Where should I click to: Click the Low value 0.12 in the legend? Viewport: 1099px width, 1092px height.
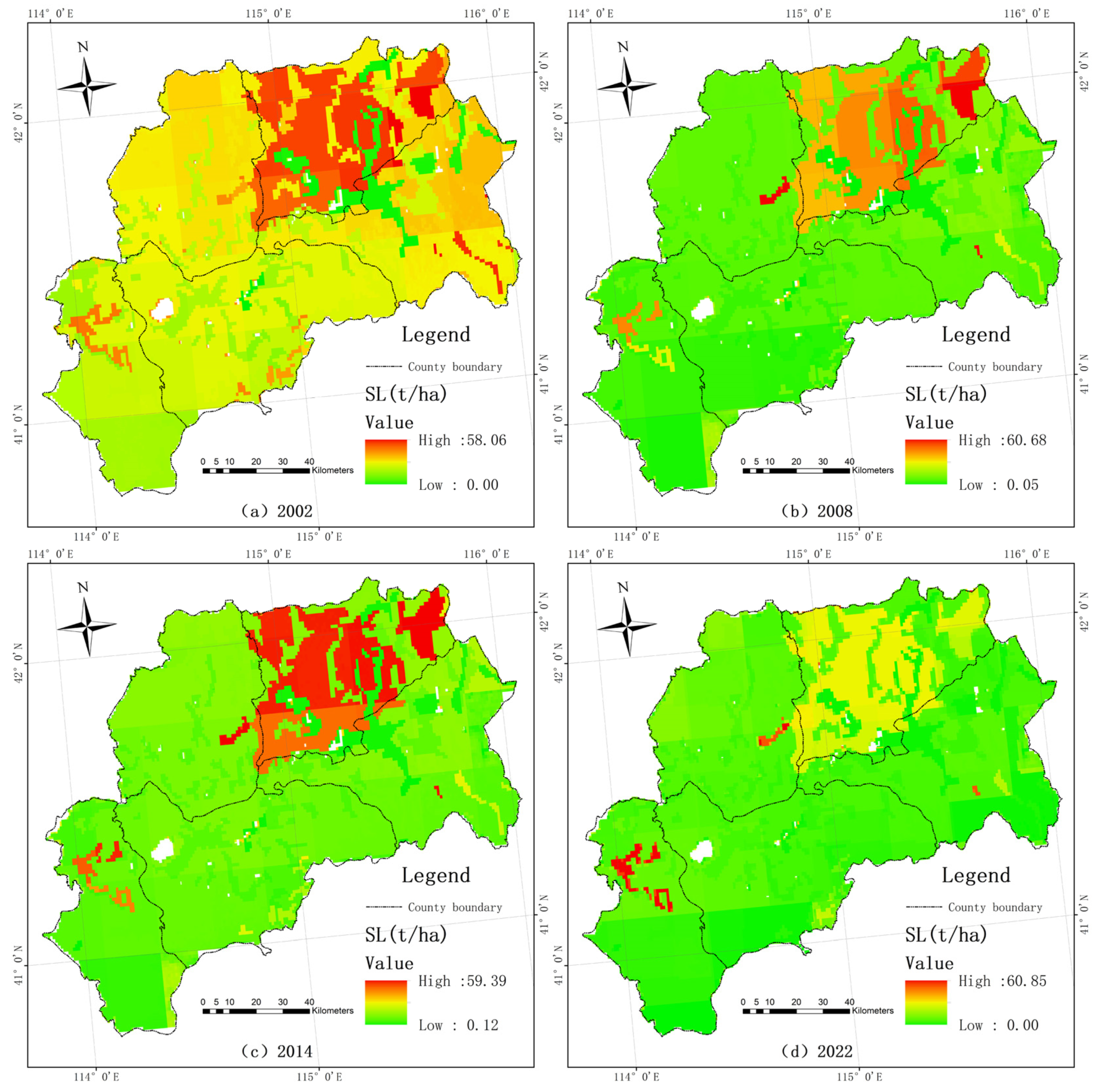pyautogui.click(x=482, y=1025)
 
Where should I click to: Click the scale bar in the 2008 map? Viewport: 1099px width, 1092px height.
pyautogui.click(x=796, y=470)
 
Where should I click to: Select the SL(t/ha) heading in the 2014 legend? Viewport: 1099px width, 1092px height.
pyautogui.click(x=406, y=934)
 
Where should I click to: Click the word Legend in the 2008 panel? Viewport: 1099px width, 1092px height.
pyautogui.click(x=976, y=335)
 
